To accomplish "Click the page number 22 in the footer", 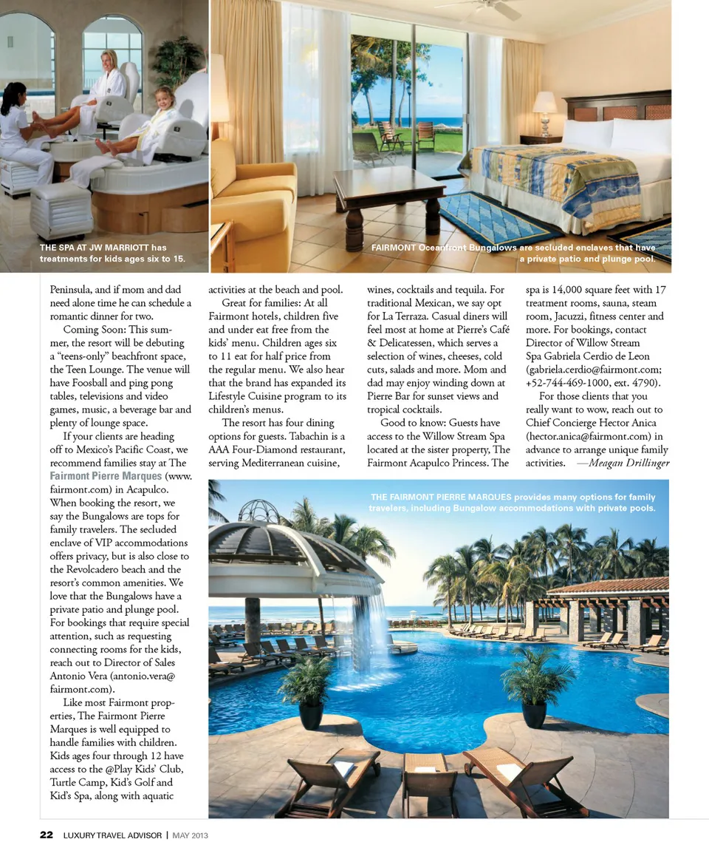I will pos(46,835).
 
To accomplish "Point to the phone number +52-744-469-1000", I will pos(568,383).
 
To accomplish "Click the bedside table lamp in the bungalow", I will pos(545,108).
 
